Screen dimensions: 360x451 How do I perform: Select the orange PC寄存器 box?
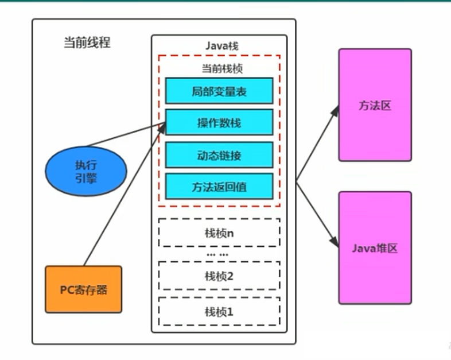(84, 289)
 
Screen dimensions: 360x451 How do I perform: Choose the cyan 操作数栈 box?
(219, 122)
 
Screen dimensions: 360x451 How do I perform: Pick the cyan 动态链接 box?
(219, 154)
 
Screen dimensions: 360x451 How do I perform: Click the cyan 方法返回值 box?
(219, 186)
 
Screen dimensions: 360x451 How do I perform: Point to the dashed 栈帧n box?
(219, 233)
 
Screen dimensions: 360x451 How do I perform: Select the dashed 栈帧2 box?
(219, 276)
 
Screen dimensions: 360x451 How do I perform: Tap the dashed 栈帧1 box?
(219, 312)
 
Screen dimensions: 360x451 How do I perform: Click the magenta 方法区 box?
(375, 105)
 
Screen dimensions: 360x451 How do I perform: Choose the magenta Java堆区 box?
(375, 248)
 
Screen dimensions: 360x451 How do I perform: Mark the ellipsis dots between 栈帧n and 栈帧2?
(217, 254)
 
